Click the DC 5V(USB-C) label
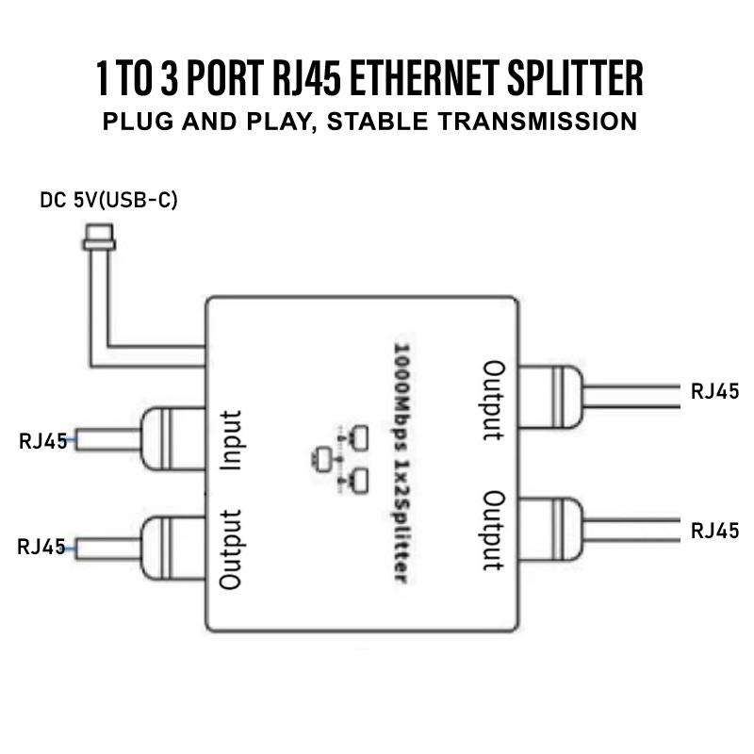pos(108,201)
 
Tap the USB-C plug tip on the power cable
pos(98,233)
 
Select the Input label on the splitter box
pos(232,440)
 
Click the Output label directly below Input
pos(232,549)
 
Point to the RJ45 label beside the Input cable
pos(42,441)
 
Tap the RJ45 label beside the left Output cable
pos(42,547)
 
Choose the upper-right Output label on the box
pos(493,400)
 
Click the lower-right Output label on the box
pos(493,530)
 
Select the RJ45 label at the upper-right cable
pos(714,392)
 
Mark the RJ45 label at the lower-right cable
pos(714,531)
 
